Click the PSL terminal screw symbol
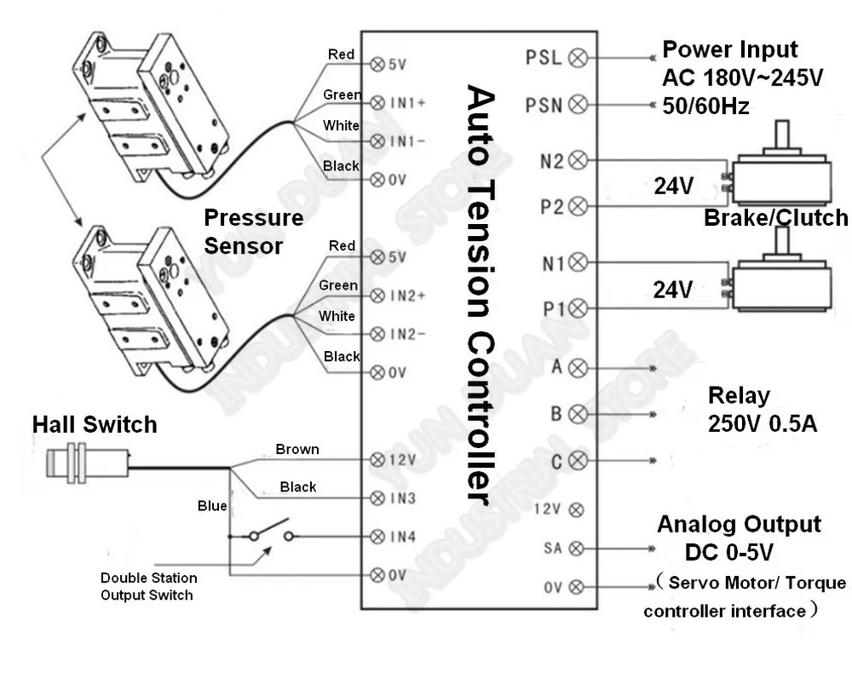(578, 58)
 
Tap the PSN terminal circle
(578, 104)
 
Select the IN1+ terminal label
(407, 103)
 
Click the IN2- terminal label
(407, 334)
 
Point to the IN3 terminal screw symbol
(377, 498)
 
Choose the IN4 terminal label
(403, 537)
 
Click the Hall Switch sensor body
(88, 463)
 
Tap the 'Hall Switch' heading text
(95, 424)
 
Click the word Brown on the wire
(297, 449)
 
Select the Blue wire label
(212, 506)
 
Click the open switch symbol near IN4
(271, 532)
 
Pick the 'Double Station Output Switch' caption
(148, 587)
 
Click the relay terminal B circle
(578, 414)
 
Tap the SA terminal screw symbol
(576, 549)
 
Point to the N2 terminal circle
(578, 160)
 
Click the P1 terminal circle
(578, 308)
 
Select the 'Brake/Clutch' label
(776, 217)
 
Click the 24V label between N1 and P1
(673, 290)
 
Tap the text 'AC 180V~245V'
(743, 78)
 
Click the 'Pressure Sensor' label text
(253, 232)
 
